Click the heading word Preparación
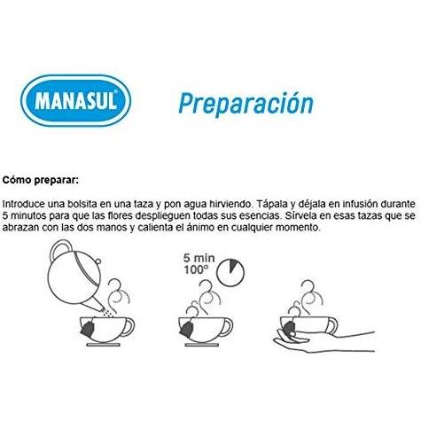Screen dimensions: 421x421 (x=246, y=104)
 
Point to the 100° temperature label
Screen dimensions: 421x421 (x=194, y=270)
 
